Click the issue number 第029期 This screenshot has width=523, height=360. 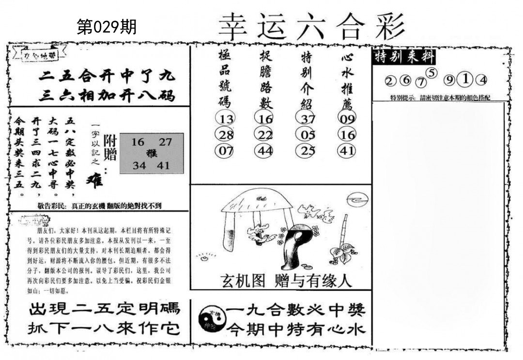click(x=107, y=27)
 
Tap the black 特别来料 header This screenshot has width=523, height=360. click(x=405, y=57)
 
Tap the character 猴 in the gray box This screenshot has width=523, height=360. click(x=151, y=154)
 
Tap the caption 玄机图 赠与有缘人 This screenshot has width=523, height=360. click(x=286, y=281)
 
